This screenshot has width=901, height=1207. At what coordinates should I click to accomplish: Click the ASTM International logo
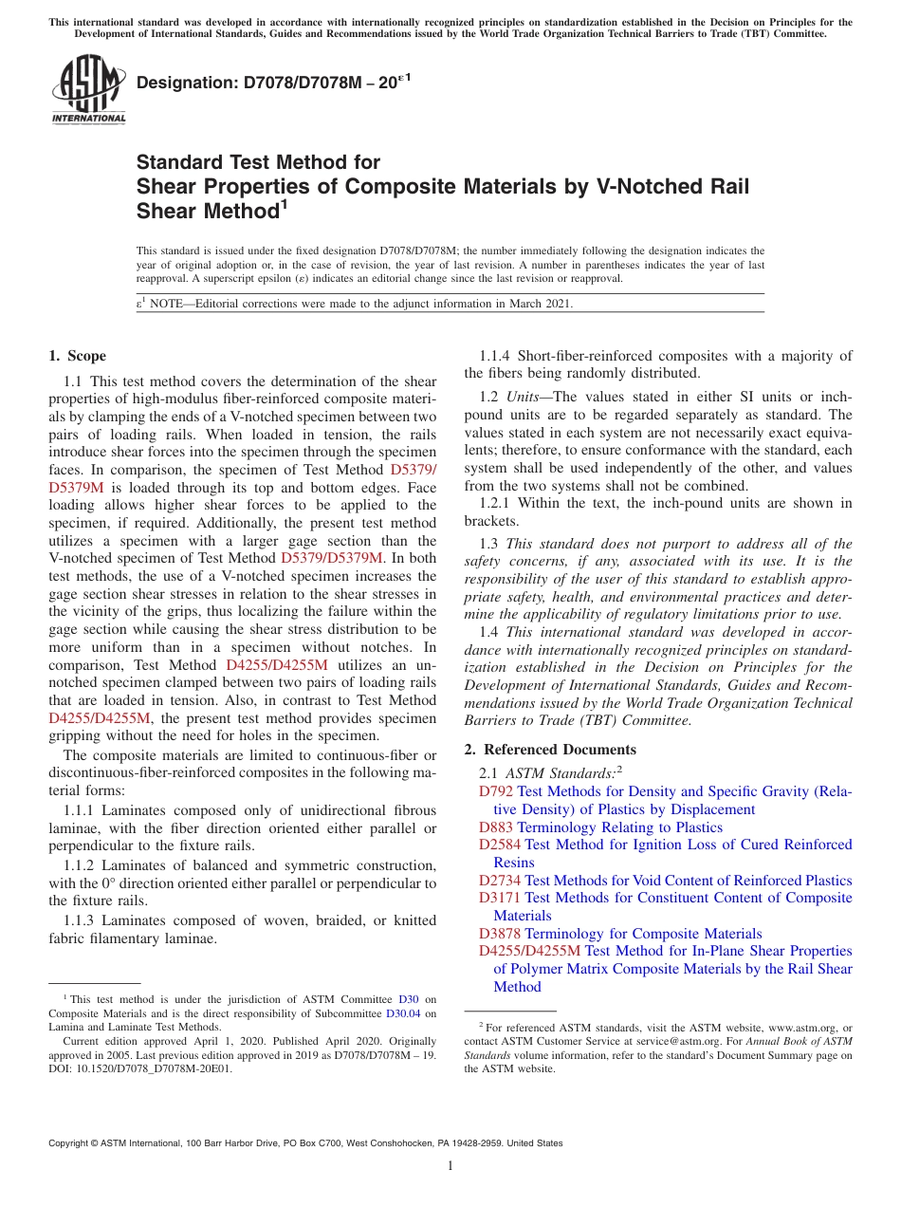click(x=87, y=90)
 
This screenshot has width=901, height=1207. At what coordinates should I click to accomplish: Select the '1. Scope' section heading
click(x=77, y=356)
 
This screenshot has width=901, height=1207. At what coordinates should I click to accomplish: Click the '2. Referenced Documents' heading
click(x=550, y=750)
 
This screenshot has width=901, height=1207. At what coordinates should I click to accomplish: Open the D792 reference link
click(x=495, y=791)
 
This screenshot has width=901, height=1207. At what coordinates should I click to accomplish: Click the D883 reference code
click(x=496, y=827)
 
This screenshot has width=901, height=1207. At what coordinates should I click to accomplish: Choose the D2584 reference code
click(x=500, y=845)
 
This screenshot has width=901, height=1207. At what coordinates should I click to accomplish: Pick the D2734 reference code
click(x=500, y=881)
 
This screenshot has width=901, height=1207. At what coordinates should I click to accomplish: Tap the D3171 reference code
click(x=500, y=898)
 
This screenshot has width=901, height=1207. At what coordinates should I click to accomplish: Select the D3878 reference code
click(x=500, y=934)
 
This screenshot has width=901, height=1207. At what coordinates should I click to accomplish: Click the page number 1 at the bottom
click(x=450, y=1166)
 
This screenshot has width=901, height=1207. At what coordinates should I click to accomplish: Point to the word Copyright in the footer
click(x=69, y=1143)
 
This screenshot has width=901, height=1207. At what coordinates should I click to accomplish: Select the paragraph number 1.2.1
click(x=496, y=504)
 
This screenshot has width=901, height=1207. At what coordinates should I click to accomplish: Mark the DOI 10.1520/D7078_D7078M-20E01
click(x=150, y=1068)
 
